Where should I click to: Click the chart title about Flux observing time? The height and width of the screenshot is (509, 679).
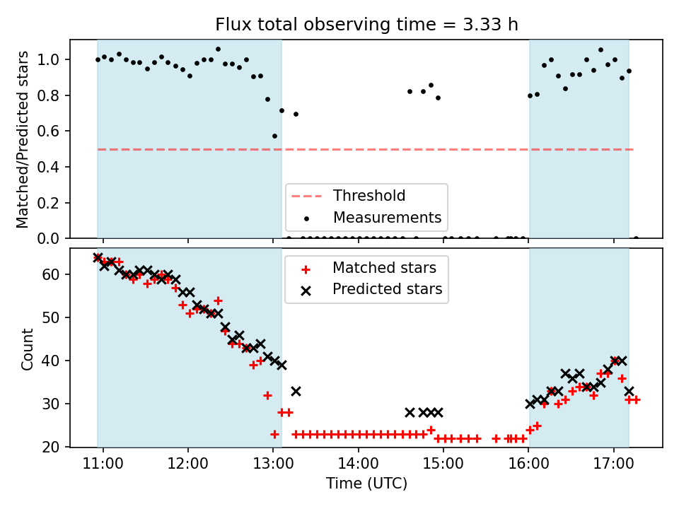point(366,25)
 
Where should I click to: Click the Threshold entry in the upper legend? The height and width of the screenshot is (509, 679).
point(369,196)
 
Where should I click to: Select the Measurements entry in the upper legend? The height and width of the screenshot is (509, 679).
point(387,217)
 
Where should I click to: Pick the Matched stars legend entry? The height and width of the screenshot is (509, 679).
point(384,268)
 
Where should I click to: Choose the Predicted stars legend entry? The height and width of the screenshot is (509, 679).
point(387,289)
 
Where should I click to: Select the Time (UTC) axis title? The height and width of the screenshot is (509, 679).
point(366,484)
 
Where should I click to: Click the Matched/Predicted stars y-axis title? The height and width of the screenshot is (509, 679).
point(23,139)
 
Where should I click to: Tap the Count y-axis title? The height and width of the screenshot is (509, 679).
point(28,349)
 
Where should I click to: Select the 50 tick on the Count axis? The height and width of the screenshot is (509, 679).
point(56,317)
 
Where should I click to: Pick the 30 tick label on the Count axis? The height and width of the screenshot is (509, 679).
point(56,404)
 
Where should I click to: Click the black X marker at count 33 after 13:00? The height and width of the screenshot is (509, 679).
point(296,391)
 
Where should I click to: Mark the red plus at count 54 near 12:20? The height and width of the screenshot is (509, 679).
point(218,301)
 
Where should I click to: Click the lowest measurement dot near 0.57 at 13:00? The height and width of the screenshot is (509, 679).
point(274,136)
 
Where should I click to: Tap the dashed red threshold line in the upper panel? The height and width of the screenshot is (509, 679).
point(424,149)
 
